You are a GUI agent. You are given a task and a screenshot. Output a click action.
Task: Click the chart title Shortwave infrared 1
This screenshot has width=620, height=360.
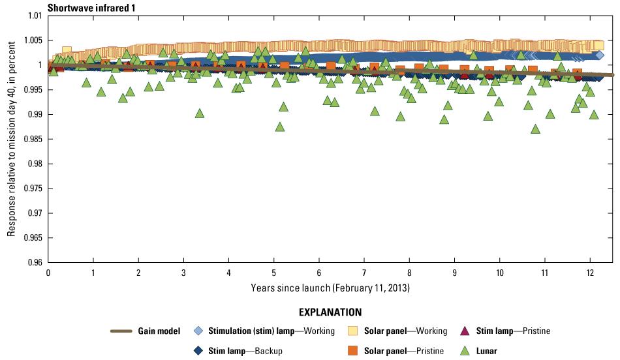[x=87, y=7]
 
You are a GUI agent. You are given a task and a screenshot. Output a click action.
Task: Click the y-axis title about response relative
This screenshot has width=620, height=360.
[x=11, y=138]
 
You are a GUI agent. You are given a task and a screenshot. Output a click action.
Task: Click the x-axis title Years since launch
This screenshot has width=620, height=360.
[x=330, y=287]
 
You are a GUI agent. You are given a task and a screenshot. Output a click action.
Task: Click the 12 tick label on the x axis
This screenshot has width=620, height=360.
[x=590, y=272]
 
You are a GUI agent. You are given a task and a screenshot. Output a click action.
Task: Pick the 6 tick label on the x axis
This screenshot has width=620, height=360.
[x=319, y=272]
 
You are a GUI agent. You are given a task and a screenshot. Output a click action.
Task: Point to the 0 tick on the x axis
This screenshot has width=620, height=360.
[x=48, y=272]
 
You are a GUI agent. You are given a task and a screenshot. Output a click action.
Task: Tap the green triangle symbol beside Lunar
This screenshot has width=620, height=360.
[x=465, y=351]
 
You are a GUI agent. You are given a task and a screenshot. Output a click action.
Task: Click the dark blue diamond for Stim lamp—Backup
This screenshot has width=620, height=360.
[x=199, y=351]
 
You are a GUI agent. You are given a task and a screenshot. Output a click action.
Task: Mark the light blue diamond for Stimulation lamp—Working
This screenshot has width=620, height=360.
[x=199, y=331]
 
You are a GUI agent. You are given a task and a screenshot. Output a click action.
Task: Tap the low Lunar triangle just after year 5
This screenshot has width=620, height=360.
[x=280, y=127]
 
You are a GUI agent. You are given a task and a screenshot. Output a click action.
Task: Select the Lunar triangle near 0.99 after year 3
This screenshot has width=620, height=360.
[x=200, y=113]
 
